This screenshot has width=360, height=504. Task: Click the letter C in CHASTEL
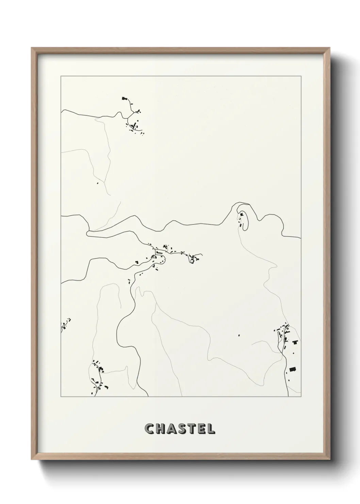[x=149, y=429]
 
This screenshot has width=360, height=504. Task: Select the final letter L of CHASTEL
[x=211, y=429]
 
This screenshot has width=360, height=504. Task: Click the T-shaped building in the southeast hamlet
[x=295, y=342]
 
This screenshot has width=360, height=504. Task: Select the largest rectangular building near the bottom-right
[x=292, y=369]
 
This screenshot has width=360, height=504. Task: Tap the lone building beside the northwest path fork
[x=98, y=183]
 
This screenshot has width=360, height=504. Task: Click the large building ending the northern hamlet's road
[x=124, y=98]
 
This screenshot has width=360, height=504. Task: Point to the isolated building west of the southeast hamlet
[x=239, y=335]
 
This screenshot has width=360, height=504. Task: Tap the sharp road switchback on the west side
[x=88, y=233]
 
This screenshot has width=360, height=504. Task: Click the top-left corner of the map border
[x=61, y=76]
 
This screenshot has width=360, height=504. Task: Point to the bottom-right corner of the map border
[x=301, y=397]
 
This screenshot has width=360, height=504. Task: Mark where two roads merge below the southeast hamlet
[x=282, y=354]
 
